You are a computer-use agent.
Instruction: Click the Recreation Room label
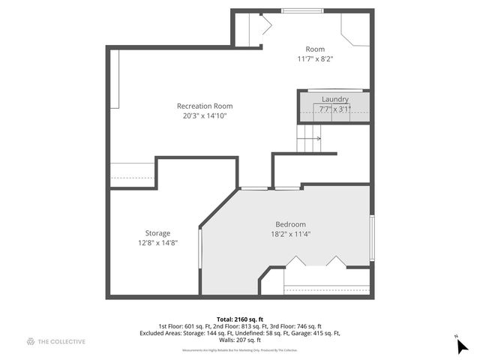(205, 106)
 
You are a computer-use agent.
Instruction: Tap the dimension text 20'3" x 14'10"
(205, 116)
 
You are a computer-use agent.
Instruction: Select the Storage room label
(153, 233)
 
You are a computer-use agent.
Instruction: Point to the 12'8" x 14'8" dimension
(153, 243)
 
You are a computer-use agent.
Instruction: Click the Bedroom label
(290, 224)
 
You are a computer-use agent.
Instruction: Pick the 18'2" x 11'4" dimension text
(290, 234)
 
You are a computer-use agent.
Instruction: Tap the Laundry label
(334, 99)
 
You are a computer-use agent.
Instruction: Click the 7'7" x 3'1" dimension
(334, 109)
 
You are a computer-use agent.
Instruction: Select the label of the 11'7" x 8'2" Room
(315, 49)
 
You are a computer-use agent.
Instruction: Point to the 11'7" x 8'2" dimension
(315, 59)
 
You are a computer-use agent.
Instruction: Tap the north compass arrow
(462, 345)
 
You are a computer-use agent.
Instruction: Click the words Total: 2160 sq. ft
(239, 319)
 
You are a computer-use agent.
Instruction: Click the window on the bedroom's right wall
(371, 238)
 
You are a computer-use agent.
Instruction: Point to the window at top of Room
(303, 10)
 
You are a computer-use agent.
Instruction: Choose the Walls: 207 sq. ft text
(239, 340)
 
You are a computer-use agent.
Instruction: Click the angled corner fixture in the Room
(355, 34)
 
